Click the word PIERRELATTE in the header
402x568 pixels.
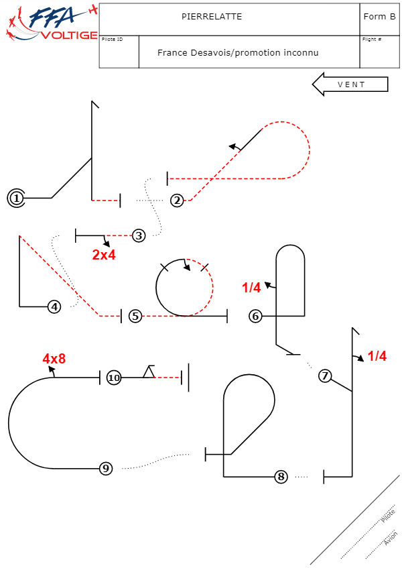coord(212,17)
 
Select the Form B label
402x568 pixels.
coord(379,17)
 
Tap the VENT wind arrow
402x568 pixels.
coord(350,84)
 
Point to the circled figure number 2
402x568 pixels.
coord(177,200)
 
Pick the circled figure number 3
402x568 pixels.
coord(139,235)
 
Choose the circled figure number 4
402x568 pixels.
coord(55,306)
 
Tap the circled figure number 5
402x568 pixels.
coord(135,316)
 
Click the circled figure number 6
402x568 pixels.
coord(255,316)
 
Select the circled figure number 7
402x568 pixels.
coord(325,376)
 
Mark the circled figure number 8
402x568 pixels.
coord(281,477)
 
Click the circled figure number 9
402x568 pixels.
coord(105,469)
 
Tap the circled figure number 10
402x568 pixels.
coord(114,378)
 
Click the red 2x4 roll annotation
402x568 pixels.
coord(104,255)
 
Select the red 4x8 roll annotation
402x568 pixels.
coord(54,359)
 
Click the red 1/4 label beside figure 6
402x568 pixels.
coord(251,288)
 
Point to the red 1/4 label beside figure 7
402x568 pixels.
coord(377,356)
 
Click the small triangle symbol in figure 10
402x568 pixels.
coord(148,372)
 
